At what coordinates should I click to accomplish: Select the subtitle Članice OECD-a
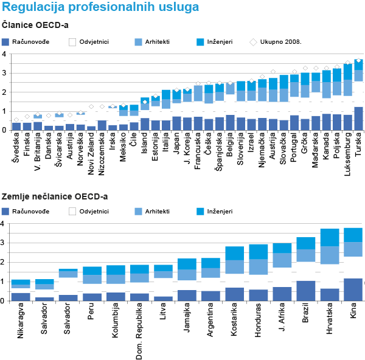(35, 26)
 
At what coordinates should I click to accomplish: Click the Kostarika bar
(234, 274)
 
